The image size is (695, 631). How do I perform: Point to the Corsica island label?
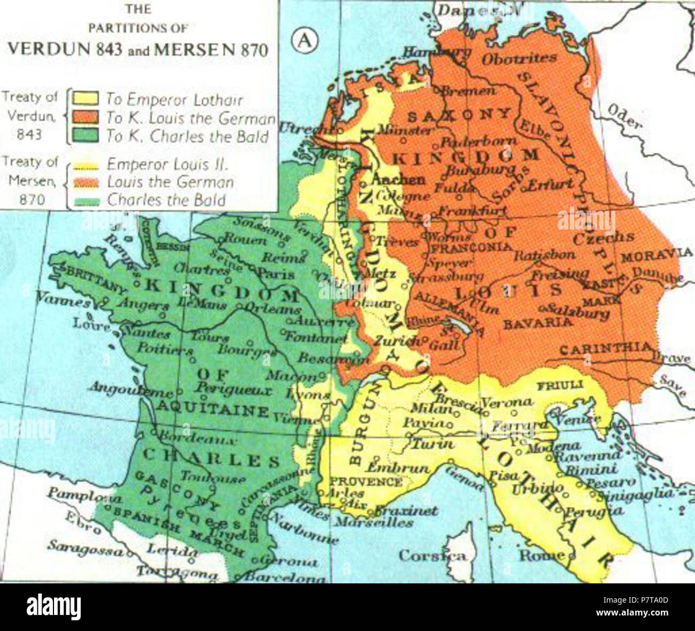[x=432, y=556]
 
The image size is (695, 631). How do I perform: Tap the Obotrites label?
[x=519, y=58]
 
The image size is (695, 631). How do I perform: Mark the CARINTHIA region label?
[x=606, y=349]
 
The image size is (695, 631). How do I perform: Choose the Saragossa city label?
[x=85, y=547]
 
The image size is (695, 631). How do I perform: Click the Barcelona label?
[x=285, y=577]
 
